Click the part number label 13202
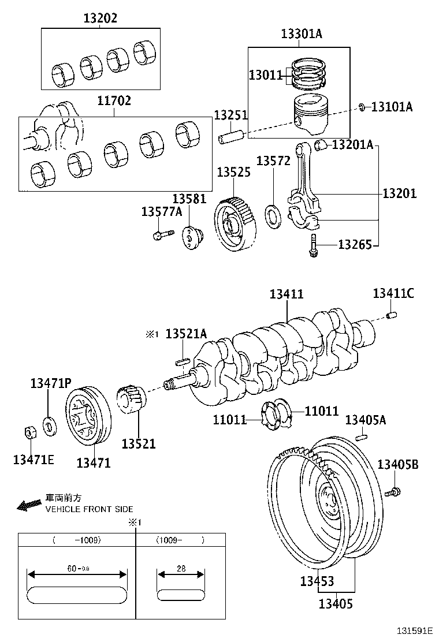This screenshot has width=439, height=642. point(101,18)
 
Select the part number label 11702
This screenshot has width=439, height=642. point(114,101)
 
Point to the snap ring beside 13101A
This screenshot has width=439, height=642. point(361,106)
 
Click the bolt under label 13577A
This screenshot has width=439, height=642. point(162,234)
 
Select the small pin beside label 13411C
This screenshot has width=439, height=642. point(393,315)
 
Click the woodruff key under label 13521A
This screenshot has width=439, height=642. point(183,362)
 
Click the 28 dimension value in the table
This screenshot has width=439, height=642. point(181,568)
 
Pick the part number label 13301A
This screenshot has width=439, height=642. point(302,34)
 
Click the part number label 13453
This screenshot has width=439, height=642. point(317,581)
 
